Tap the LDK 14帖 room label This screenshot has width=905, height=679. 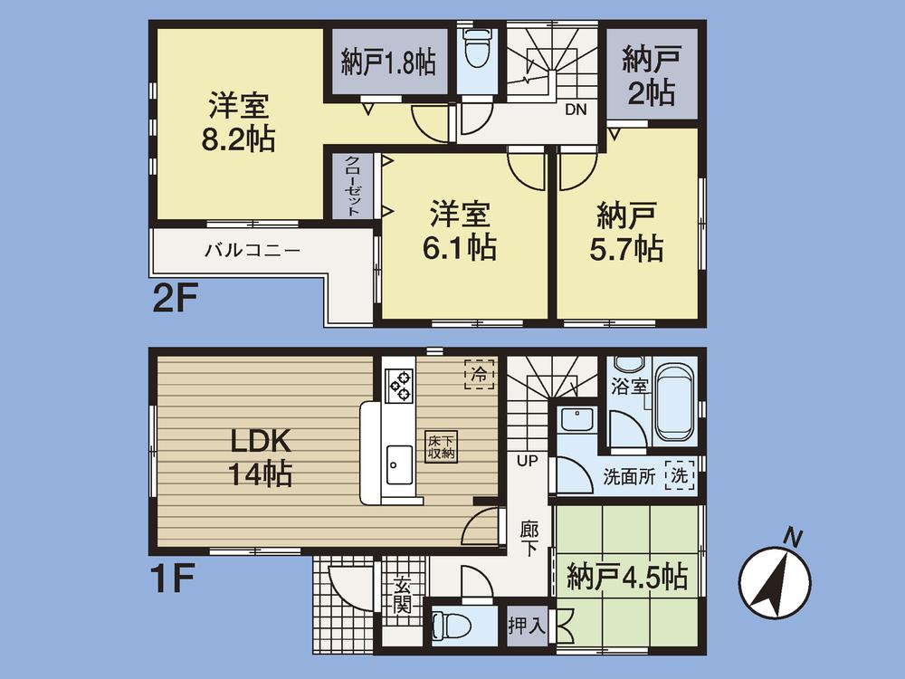pyautogui.click(x=259, y=457)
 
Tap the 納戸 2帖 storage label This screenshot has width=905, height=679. pyautogui.click(x=650, y=76)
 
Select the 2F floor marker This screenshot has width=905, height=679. pyautogui.click(x=174, y=298)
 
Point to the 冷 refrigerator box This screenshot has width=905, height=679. pyautogui.click(x=480, y=372)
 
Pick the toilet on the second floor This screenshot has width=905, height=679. pyautogui.click(x=475, y=52)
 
